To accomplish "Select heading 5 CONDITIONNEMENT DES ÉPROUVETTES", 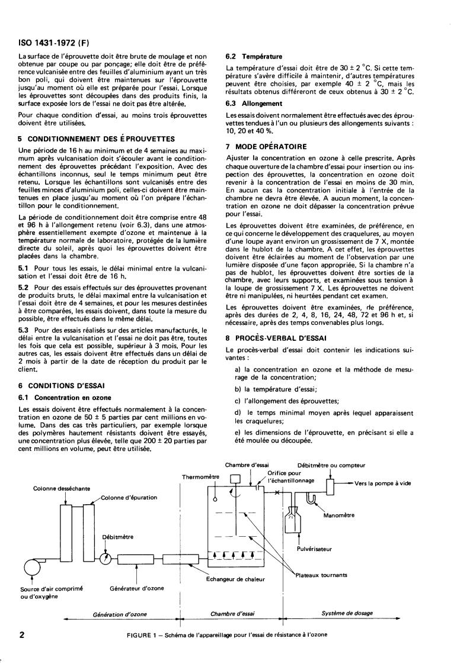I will coord(97,139).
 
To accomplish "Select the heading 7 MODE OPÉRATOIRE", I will coord(267,146).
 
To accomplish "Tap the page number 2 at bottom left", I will coord(22,635).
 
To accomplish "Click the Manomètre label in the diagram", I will coord(340,515).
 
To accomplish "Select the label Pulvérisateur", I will coord(314,549).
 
